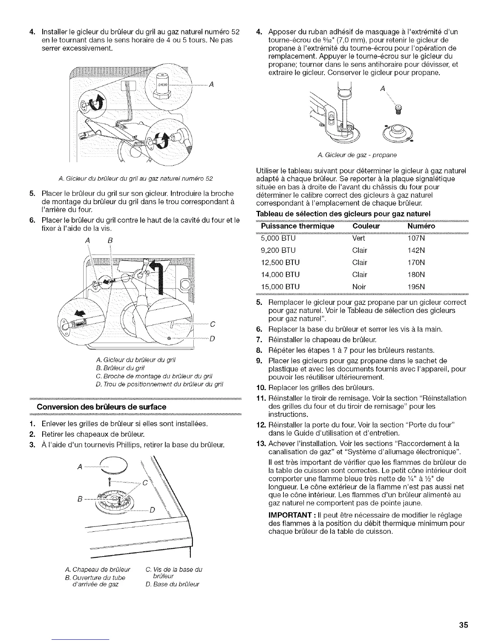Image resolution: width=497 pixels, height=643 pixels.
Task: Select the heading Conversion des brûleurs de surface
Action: click(102, 407)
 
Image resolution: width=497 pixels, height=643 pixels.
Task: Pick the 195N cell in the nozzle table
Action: click(416, 287)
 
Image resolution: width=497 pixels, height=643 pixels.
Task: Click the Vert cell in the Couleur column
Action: click(359, 238)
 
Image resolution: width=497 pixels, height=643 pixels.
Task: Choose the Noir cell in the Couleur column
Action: click(359, 287)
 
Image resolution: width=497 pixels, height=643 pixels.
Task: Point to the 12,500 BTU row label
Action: click(280, 262)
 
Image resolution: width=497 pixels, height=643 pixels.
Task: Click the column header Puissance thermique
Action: click(298, 226)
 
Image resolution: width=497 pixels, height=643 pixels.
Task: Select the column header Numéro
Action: click(421, 226)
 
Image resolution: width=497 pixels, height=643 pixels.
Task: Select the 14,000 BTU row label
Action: click(280, 274)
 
